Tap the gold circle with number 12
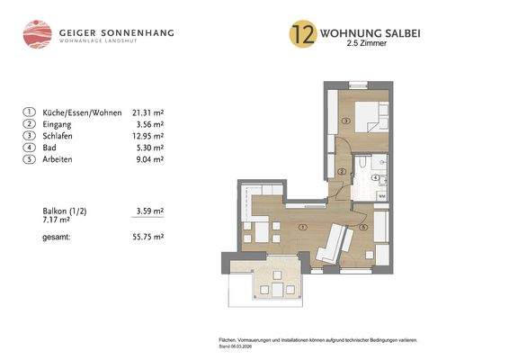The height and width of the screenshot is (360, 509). pos(301,34)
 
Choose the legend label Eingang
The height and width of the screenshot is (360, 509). pos(58,124)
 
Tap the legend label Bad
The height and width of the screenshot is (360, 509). pos(50,148)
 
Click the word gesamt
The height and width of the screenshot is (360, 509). pos(58,237)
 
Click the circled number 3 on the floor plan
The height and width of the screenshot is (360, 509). pos(345,120)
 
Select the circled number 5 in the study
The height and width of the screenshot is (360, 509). pos(363,228)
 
